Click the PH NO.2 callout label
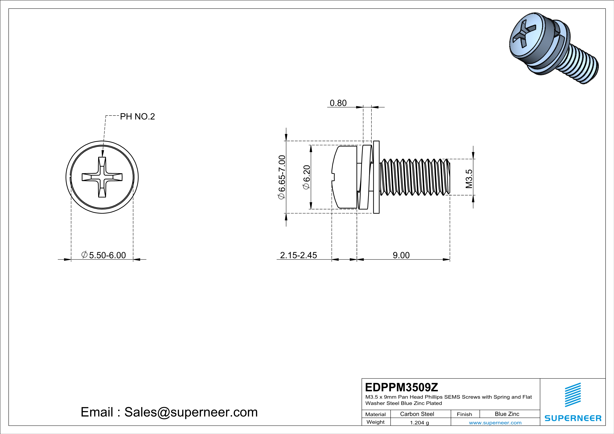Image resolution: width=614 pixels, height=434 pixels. tap(137, 117)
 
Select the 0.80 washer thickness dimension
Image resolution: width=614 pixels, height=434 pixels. tap(338, 103)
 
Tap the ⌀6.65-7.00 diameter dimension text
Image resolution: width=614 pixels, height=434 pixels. tap(282, 177)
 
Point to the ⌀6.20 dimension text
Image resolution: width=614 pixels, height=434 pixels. tap(306, 177)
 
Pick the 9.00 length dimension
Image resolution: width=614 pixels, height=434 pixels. tap(401, 255)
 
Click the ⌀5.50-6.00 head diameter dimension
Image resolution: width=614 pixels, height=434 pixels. tap(104, 255)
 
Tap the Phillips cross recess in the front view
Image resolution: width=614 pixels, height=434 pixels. tap(102, 177)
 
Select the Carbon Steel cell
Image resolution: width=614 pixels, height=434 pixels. tap(417, 414)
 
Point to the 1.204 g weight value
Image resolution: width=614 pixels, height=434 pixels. tap(419, 422)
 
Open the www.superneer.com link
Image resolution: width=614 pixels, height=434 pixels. tap(495, 422)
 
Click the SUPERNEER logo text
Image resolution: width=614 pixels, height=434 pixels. tap(573, 418)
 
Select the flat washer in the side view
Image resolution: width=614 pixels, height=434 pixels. tap(376, 177)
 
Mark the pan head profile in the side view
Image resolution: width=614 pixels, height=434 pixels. tap(344, 177)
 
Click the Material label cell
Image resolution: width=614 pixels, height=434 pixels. tap(376, 414)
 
